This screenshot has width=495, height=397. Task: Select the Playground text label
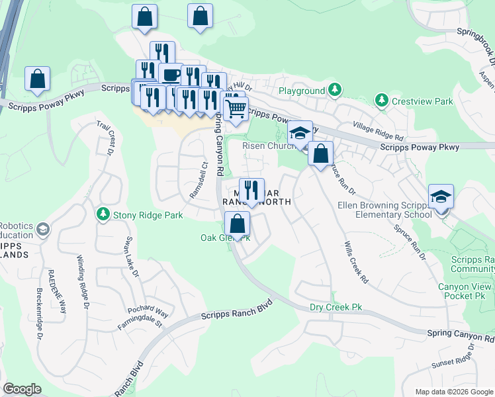[301, 90]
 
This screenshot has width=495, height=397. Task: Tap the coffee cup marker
[171, 74]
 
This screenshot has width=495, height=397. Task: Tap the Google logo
[22, 389]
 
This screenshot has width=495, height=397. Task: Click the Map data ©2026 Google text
[453, 392]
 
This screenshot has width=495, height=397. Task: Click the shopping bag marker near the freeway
[38, 79]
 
